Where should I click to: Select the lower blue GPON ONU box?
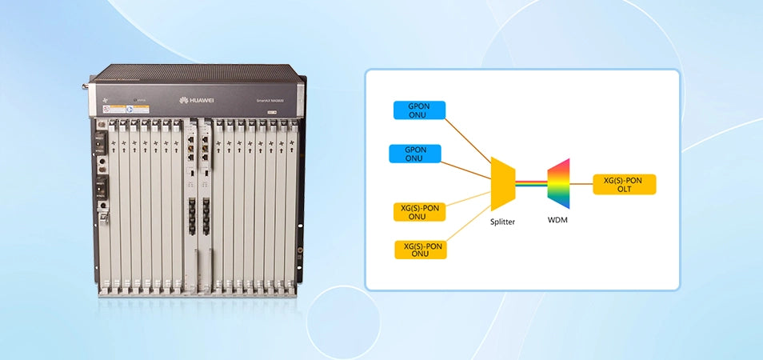[x=413, y=153]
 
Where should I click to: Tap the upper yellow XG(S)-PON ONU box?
[x=420, y=212]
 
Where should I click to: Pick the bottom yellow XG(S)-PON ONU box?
[x=421, y=250]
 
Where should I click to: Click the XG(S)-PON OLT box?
[x=624, y=185]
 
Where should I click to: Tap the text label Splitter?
[x=502, y=222]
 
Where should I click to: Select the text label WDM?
[x=557, y=218]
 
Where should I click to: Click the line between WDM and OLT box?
[x=580, y=185]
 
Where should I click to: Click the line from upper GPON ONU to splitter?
[x=468, y=142]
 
